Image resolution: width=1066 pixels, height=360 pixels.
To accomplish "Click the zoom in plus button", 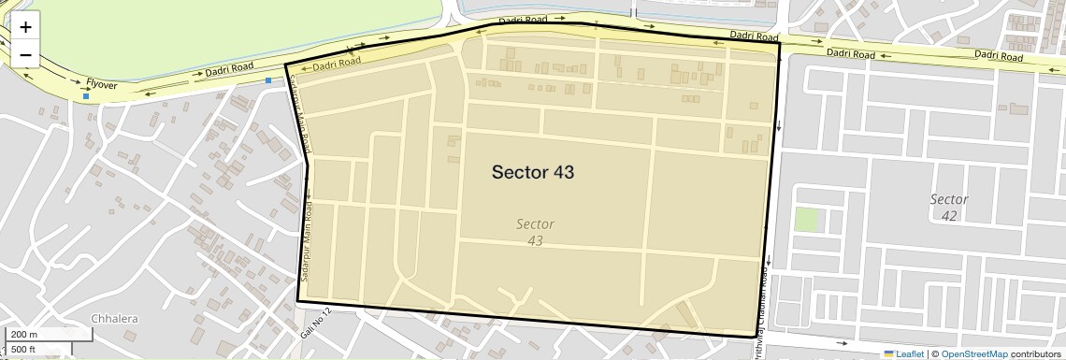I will coord(25,27).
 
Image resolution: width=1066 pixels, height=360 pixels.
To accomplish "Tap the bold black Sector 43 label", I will coord(532,172).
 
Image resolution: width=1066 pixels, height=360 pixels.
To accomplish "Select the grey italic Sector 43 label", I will coord(535,232).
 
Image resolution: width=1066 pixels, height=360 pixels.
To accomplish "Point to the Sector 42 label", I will coord(949,208).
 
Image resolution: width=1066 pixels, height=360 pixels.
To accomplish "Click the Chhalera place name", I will coord(114,319).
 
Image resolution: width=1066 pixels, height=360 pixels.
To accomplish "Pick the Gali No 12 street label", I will coord(316,323).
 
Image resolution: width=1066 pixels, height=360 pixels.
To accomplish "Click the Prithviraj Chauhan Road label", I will coord(762,309).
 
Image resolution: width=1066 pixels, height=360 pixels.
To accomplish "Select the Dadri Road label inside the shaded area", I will coord(337,65).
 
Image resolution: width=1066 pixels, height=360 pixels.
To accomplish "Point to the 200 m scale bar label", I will coord(25,335).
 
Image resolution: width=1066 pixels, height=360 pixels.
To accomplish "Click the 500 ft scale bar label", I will coord(24,350).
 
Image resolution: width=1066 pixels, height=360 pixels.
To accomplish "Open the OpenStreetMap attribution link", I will coord(973,353).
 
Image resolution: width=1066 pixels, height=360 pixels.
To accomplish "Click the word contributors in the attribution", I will coord(1036,353).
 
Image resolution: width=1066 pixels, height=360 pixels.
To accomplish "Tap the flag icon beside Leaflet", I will coord(889,353).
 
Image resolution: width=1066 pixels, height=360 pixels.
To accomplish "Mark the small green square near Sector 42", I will coord(806,221).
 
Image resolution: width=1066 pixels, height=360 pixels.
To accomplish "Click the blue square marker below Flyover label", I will coord(86,96).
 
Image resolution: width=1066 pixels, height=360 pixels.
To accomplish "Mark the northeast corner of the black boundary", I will coord(779,43).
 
